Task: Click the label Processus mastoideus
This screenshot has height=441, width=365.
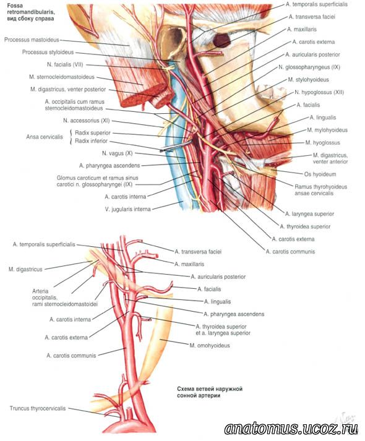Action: pos(32,40)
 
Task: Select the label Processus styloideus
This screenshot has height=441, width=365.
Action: pos(48,53)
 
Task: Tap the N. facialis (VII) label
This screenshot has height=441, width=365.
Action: pos(65,65)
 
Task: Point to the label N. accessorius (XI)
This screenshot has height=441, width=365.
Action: pos(87,121)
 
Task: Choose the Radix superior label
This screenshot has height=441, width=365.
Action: pos(93,133)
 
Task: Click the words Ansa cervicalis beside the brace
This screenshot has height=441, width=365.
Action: pos(45,137)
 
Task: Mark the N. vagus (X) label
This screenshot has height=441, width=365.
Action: pos(118,153)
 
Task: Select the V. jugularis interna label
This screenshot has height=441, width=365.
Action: pos(127,209)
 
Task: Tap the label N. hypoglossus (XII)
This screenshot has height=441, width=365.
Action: pos(319,92)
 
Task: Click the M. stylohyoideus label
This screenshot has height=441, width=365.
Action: pos(308,80)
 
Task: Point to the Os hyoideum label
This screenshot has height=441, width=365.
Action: pos(320,174)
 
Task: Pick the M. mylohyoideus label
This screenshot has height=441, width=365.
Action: pos(327,131)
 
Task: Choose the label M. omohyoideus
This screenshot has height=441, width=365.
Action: pos(210,346)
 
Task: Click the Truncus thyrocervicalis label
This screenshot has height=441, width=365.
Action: pos(38,408)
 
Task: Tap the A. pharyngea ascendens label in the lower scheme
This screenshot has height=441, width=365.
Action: pos(234,314)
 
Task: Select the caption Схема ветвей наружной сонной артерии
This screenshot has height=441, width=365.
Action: pos(210,392)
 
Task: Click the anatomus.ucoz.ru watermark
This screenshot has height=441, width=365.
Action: pos(291,429)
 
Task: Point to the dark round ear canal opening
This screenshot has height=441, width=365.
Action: pos(221,40)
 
